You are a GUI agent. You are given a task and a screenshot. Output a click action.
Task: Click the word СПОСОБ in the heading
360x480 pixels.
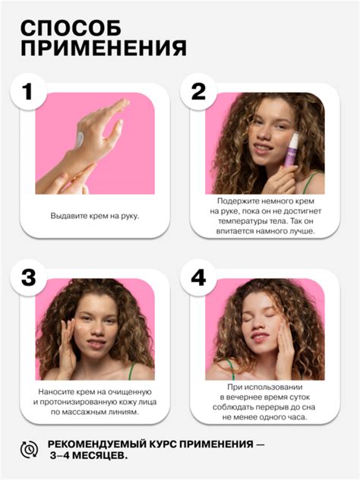point(71,28)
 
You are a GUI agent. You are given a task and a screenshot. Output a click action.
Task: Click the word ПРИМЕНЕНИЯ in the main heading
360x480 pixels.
point(103,48)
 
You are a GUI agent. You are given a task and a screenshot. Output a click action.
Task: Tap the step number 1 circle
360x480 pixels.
point(28,91)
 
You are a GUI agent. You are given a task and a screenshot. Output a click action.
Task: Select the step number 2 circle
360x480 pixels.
point(198,91)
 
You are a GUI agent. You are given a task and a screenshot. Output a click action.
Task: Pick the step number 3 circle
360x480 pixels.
point(28,278)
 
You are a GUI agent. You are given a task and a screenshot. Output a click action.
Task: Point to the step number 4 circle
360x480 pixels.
point(198,278)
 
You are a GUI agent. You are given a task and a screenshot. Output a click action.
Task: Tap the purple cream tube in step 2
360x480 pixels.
point(291,150)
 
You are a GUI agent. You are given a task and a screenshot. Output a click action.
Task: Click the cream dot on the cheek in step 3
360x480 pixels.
point(80,327)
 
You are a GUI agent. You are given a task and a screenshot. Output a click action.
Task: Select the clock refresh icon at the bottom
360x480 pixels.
point(29,450)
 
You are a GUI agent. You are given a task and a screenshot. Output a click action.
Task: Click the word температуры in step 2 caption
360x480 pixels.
point(238,221)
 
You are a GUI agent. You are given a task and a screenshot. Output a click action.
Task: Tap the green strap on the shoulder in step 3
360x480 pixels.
point(131,371)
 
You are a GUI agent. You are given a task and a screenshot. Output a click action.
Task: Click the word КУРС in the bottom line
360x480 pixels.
point(163,444)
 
